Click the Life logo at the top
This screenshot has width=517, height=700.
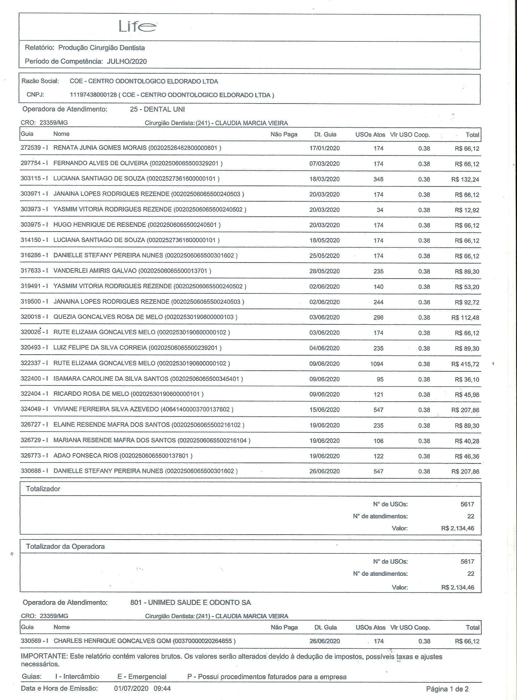(x=137, y=26)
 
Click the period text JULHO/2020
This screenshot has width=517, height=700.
(x=127, y=61)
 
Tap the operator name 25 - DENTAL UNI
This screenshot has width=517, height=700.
(x=157, y=109)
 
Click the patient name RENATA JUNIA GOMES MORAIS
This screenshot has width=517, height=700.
(x=100, y=148)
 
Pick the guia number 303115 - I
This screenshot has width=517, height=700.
(x=34, y=178)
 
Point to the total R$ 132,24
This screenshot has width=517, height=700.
(x=465, y=179)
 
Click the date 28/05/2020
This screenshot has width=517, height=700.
(x=324, y=271)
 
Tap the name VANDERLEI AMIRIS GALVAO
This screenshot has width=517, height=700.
(x=95, y=271)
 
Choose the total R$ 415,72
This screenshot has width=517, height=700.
(x=465, y=364)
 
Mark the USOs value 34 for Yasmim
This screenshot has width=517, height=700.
(x=380, y=210)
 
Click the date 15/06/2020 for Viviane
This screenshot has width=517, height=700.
(x=324, y=410)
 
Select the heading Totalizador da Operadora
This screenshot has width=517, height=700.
(x=65, y=546)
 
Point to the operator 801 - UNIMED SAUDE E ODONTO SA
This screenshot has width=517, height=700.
(x=190, y=602)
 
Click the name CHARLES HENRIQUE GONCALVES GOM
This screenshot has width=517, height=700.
(x=112, y=641)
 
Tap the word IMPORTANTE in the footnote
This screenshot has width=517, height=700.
(x=44, y=656)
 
